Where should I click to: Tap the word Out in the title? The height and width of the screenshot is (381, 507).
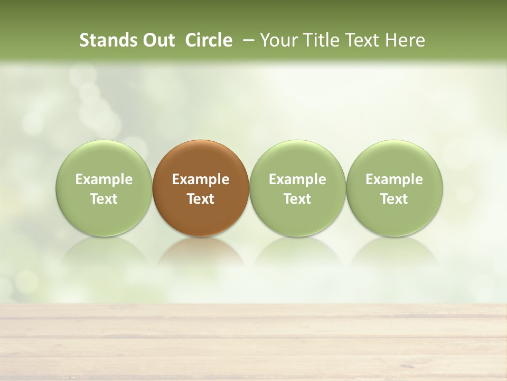pos(157,40)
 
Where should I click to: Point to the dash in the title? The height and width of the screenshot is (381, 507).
pos(246,40)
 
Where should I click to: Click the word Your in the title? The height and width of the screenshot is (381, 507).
pos(275,40)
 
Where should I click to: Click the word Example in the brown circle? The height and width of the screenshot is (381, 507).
pos(201,179)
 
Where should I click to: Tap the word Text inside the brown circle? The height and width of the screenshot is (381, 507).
pos(201,199)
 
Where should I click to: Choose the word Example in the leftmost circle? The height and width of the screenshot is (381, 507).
pos(104,179)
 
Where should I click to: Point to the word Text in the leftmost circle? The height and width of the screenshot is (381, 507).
pos(104,199)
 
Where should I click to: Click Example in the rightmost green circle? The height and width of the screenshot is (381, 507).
pos(395,179)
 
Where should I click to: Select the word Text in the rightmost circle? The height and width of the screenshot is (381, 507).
pos(395,199)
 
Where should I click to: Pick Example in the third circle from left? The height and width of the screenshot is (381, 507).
pos(297,179)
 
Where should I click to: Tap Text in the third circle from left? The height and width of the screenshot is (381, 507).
pos(297,199)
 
